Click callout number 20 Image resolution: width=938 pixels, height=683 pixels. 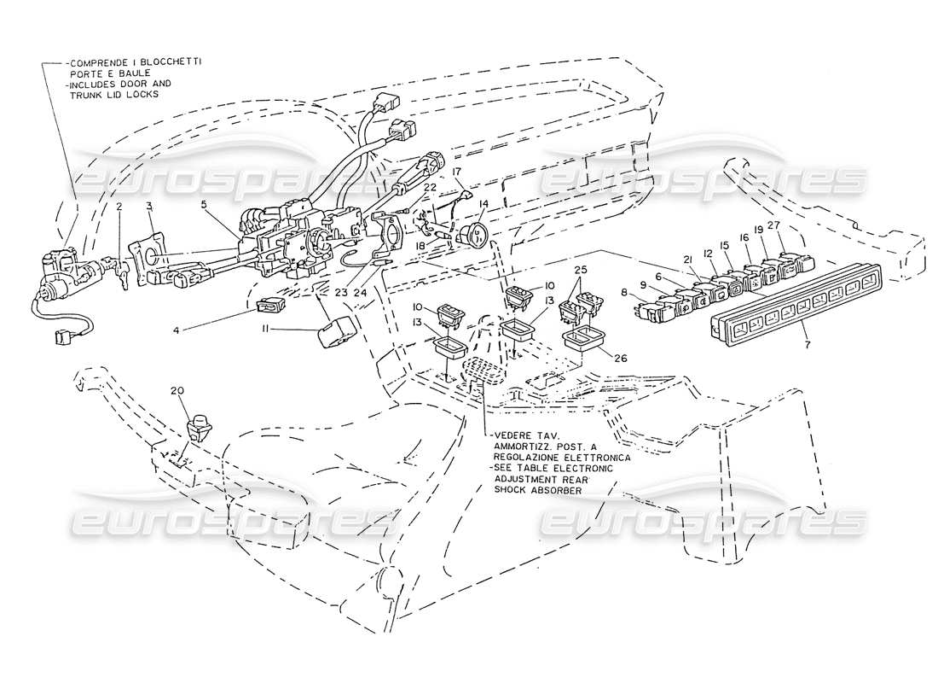click(177, 392)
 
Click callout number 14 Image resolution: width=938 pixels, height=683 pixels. click(483, 205)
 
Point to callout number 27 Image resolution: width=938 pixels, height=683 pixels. click(774, 225)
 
